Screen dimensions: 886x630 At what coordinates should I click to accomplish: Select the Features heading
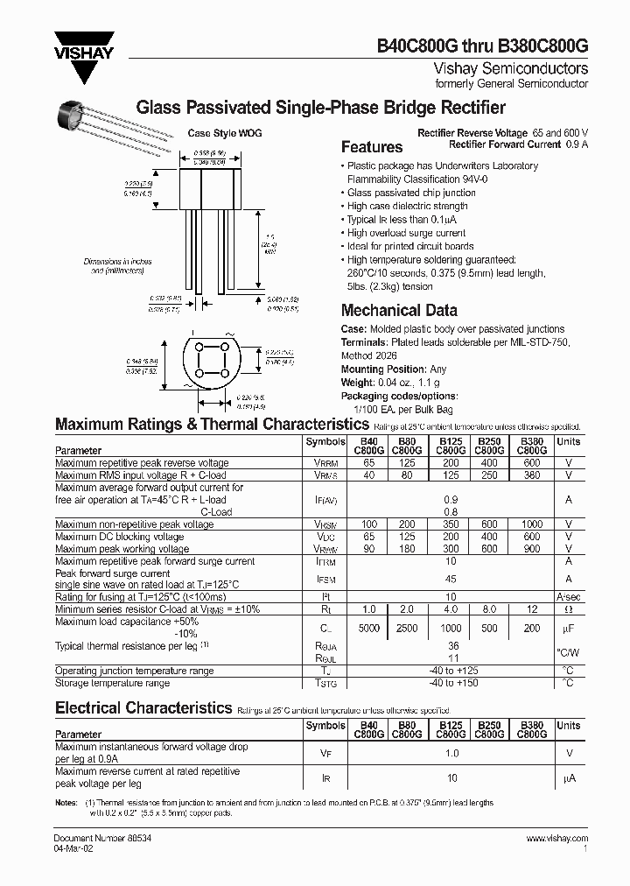point(371,147)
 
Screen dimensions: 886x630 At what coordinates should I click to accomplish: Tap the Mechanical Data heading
point(398,310)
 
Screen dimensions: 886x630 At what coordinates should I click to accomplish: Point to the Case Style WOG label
point(225,134)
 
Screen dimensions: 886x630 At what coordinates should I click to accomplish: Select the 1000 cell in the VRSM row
point(531,524)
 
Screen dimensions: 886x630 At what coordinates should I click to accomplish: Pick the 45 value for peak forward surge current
point(450,578)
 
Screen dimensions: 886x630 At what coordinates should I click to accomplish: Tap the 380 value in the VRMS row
point(531,475)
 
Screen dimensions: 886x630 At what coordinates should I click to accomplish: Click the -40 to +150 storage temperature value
point(450,683)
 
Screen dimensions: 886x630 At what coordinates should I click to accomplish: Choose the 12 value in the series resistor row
point(531,608)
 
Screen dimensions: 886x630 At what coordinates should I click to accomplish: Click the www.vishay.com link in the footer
point(557,838)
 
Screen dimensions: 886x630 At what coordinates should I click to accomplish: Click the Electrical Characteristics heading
point(143,707)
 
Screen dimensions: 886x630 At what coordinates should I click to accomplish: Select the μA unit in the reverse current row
point(568,777)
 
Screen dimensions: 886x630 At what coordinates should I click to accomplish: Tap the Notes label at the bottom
point(66,802)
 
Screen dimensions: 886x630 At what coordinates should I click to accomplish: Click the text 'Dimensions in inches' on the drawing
point(117,262)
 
